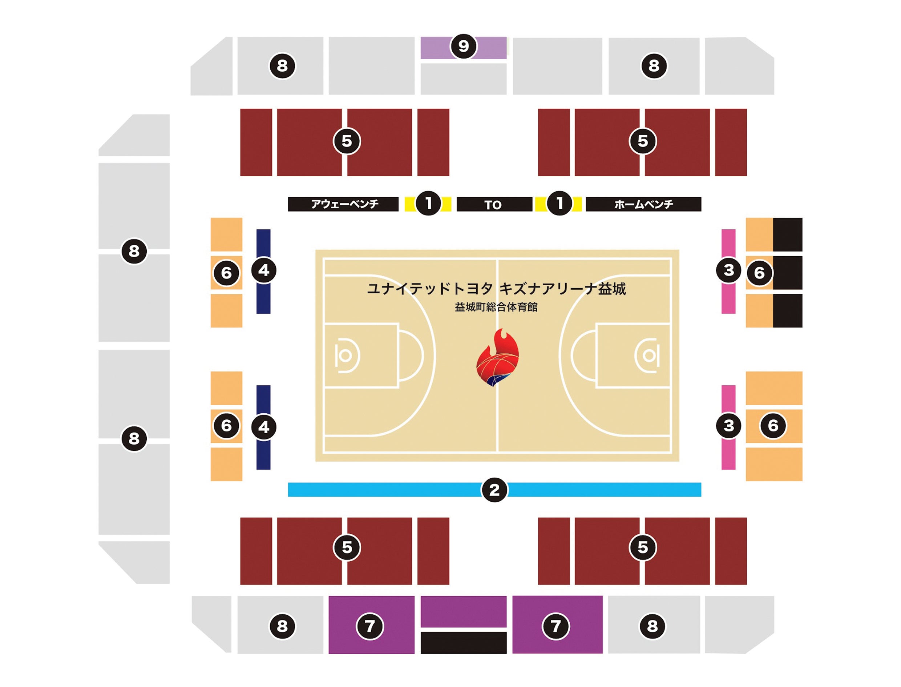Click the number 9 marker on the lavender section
(x=463, y=46)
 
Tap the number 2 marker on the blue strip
(x=494, y=490)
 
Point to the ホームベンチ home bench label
(x=643, y=204)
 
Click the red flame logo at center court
(x=497, y=358)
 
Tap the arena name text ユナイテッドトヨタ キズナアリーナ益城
(x=497, y=289)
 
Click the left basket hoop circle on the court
(x=345, y=356)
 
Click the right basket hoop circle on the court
(x=649, y=356)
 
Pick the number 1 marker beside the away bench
(x=428, y=203)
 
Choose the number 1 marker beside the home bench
(x=559, y=203)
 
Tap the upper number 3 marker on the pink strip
(x=728, y=270)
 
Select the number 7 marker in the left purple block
(x=370, y=626)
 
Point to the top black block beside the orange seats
(x=787, y=234)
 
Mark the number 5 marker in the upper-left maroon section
(x=347, y=141)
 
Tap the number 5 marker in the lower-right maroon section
(x=643, y=547)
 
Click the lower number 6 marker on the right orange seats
(x=773, y=426)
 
